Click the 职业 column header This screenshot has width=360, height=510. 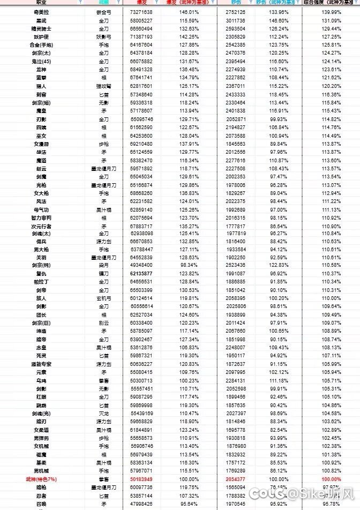click(x=41, y=3)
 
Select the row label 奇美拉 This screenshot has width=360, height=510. click(x=41, y=12)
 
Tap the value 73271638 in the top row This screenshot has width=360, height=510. click(x=141, y=12)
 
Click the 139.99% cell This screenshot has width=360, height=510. click(x=331, y=12)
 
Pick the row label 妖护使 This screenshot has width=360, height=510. click(x=41, y=36)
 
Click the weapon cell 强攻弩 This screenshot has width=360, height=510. click(x=104, y=86)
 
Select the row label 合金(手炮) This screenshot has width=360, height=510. click(x=41, y=45)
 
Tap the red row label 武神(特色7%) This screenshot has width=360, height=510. click(x=41, y=479)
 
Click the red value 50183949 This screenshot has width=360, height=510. click(x=141, y=479)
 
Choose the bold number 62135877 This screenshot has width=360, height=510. click(x=141, y=274)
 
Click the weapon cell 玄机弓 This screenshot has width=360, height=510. click(x=104, y=298)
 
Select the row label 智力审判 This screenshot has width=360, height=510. click(x=41, y=217)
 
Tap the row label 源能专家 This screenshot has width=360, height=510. click(x=41, y=364)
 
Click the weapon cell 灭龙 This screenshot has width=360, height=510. click(x=104, y=413)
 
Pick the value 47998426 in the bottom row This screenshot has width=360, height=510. click(x=141, y=504)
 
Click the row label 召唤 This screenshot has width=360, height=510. click(x=41, y=504)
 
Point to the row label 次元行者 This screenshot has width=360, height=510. click(x=41, y=226)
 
